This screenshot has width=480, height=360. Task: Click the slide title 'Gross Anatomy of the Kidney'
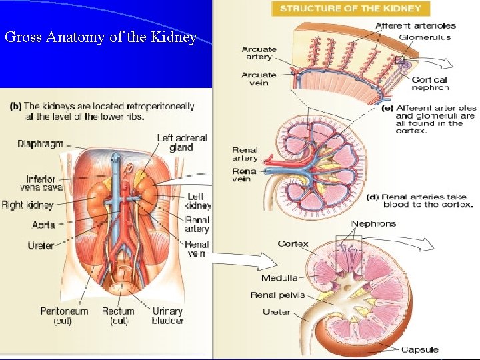pyautogui.click(x=101, y=37)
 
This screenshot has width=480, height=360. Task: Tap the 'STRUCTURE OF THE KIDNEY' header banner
pyautogui.click(x=351, y=9)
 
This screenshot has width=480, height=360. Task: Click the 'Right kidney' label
pyautogui.click(x=27, y=205)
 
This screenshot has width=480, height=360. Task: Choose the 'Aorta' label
pyautogui.click(x=43, y=225)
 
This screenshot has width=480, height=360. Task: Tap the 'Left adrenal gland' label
pyautogui.click(x=182, y=143)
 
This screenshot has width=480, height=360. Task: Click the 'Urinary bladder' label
pyautogui.click(x=168, y=315)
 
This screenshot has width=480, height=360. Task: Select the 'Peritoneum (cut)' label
pyautogui.click(x=64, y=315)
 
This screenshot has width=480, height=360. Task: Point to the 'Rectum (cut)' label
pyautogui.click(x=118, y=315)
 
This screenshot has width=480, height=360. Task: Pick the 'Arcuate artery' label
pyautogui.click(x=259, y=53)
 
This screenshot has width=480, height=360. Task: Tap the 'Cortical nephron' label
pyautogui.click(x=431, y=83)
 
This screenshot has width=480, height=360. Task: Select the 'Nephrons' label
pyautogui.click(x=373, y=223)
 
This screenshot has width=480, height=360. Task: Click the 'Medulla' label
pyautogui.click(x=279, y=278)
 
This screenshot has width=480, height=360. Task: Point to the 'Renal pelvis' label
pyautogui.click(x=277, y=295)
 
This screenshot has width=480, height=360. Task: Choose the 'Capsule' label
pyautogui.click(x=419, y=349)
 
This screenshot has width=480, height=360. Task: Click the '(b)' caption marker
pyautogui.click(x=15, y=106)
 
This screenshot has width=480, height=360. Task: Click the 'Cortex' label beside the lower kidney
pyautogui.click(x=293, y=243)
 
